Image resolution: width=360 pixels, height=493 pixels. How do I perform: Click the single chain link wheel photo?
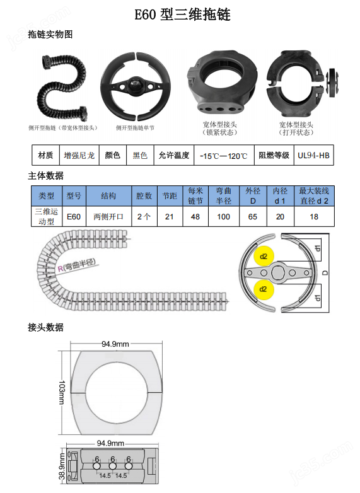tap(135, 85)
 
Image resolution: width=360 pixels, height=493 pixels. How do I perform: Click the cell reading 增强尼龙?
tap(79, 155)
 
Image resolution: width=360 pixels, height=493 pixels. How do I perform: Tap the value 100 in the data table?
tap(223, 217)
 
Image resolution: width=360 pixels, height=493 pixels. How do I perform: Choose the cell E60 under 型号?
tap(74, 217)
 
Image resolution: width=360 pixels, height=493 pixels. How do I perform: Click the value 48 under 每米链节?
tap(195, 217)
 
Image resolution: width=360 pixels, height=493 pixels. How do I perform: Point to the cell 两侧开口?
tap(108, 217)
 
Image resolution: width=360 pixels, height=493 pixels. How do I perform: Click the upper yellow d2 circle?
tap(264, 257)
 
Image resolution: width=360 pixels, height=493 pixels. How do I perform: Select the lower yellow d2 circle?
tap(264, 289)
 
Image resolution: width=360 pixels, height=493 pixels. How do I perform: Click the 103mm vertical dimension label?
tap(61, 393)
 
